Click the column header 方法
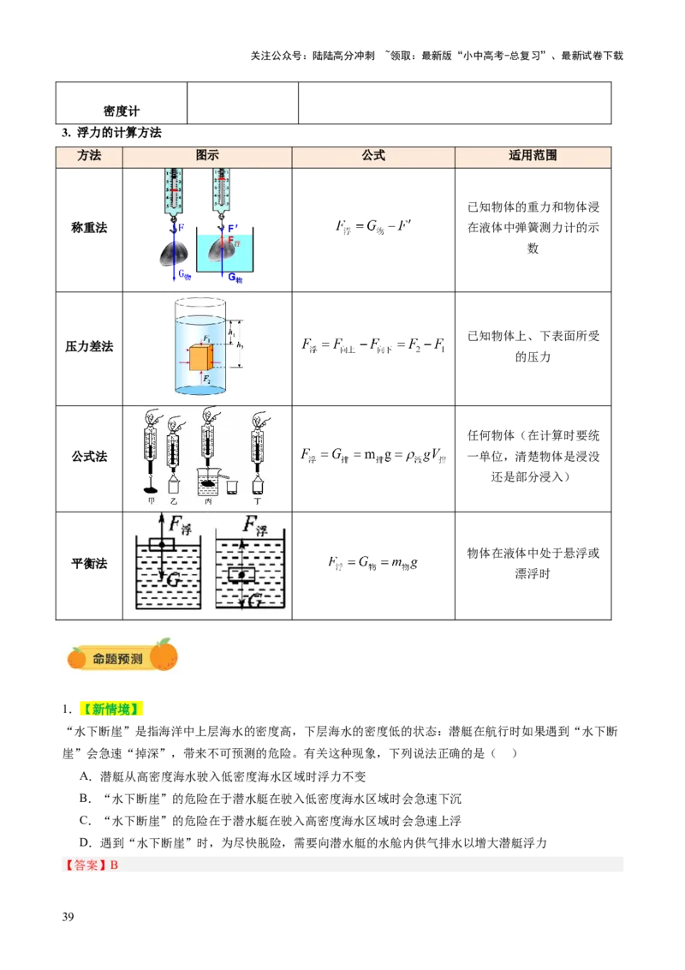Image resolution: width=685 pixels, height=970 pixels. [x=89, y=156]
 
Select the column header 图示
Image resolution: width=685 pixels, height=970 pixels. [x=207, y=156]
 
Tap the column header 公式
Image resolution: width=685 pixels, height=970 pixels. [x=373, y=156]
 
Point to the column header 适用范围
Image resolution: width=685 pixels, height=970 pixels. [x=533, y=156]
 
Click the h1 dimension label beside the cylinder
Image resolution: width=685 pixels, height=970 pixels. [x=231, y=328]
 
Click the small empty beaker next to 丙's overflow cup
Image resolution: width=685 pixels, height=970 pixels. [x=231, y=486]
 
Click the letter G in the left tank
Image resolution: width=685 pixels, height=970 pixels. [x=172, y=580]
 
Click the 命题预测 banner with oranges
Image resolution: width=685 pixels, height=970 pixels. [x=120, y=656]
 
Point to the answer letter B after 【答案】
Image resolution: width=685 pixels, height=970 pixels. [x=114, y=865]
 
